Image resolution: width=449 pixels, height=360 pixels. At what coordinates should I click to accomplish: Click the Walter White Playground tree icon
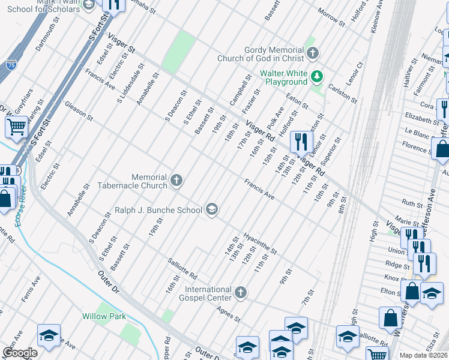point(318,77)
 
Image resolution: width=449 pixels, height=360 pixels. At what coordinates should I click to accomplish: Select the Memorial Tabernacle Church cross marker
point(176,180)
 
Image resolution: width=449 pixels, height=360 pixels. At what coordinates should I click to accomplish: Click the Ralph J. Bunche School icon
point(211,209)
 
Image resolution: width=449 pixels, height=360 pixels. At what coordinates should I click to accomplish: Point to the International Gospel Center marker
point(240,292)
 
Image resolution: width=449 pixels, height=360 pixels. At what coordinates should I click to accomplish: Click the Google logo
point(20,353)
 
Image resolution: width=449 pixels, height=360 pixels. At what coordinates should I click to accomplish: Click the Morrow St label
point(332,18)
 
